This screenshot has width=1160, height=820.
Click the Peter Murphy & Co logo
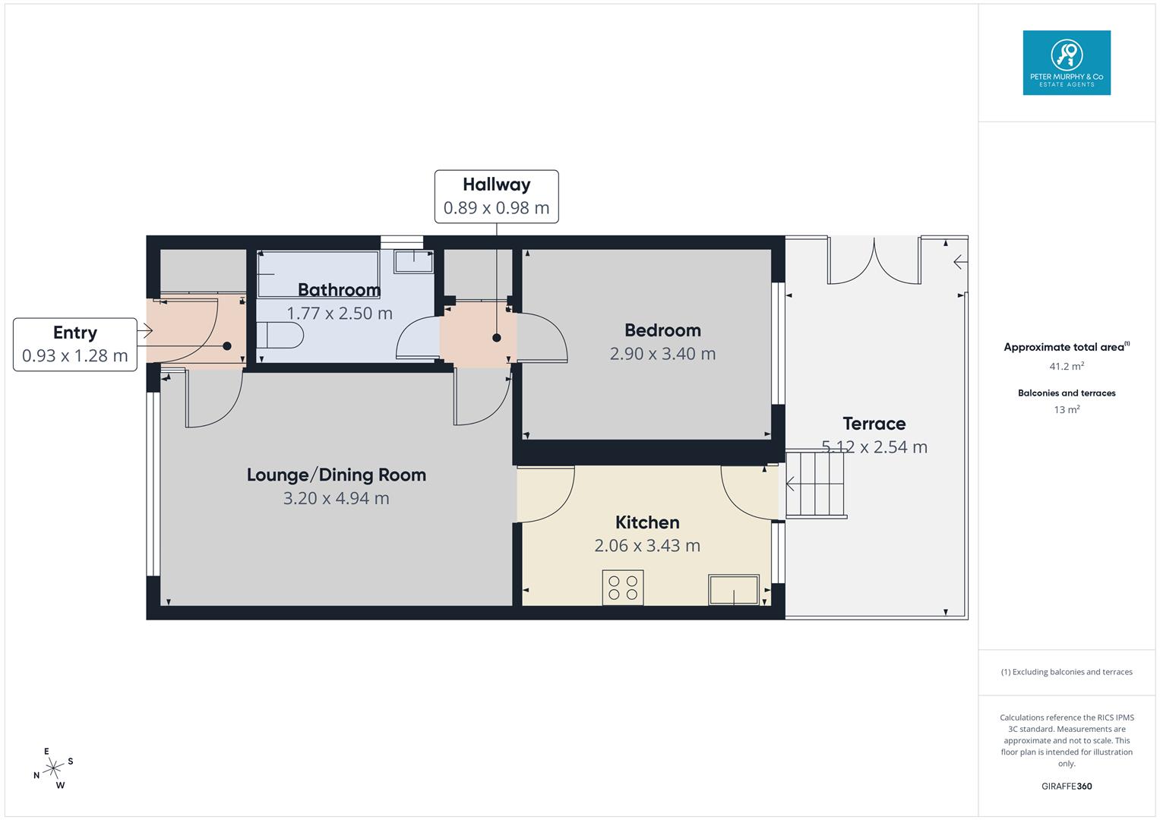pyautogui.click(x=1066, y=63)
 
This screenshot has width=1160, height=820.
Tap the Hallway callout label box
pyautogui.click(x=496, y=197)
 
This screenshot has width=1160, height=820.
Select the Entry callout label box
pyautogui.click(x=74, y=344)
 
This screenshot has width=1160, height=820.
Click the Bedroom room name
pyautogui.click(x=662, y=330)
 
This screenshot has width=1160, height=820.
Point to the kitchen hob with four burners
pyautogui.click(x=622, y=587)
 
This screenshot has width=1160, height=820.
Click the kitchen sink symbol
pyautogui.click(x=733, y=590)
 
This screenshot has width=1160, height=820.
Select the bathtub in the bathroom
pyautogui.click(x=318, y=274)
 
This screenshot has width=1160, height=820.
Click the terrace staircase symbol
pyautogui.click(x=816, y=484)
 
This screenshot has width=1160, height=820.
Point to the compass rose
pyautogui.click(x=53, y=768)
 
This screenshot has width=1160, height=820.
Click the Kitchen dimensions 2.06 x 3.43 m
pyautogui.click(x=647, y=545)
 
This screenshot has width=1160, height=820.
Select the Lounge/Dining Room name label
pyautogui.click(x=336, y=475)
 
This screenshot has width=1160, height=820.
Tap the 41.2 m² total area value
pyautogui.click(x=1066, y=366)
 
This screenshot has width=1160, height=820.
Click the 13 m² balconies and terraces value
pyautogui.click(x=1066, y=410)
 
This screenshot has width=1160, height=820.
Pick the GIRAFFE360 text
pyautogui.click(x=1066, y=786)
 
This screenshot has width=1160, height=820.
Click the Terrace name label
pyautogui.click(x=874, y=424)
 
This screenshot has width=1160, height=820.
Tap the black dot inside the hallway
pyautogui.click(x=496, y=338)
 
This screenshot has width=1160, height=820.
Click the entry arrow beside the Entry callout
pyautogui.click(x=144, y=330)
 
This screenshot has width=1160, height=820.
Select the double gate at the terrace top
pyautogui.click(x=874, y=262)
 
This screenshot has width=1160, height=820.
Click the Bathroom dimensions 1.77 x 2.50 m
pyautogui.click(x=339, y=313)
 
